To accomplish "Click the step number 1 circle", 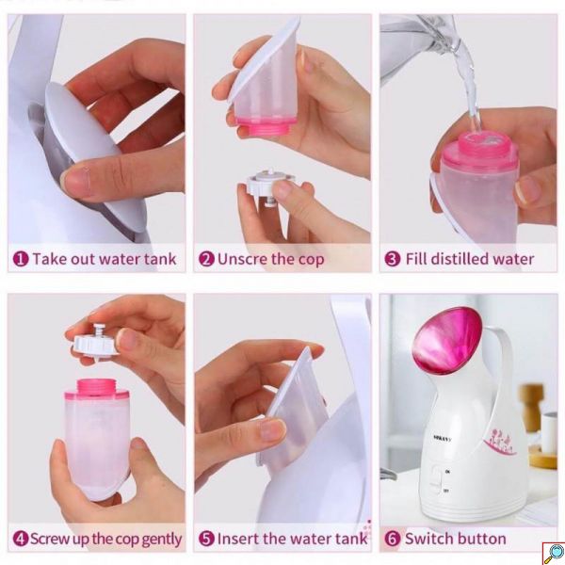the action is (21, 259).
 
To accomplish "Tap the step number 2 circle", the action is (206, 259).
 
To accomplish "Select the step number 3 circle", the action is (393, 259).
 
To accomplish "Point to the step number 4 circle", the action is (21, 539).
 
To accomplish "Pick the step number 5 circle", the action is (206, 539).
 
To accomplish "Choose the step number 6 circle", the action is (393, 539).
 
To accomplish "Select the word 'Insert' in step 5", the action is (238, 539).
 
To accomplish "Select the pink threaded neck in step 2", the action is (266, 125).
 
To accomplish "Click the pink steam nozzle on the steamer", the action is (447, 340).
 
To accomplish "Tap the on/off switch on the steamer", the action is (436, 480).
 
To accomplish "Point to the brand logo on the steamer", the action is (443, 439).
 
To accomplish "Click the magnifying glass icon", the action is (554, 553).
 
